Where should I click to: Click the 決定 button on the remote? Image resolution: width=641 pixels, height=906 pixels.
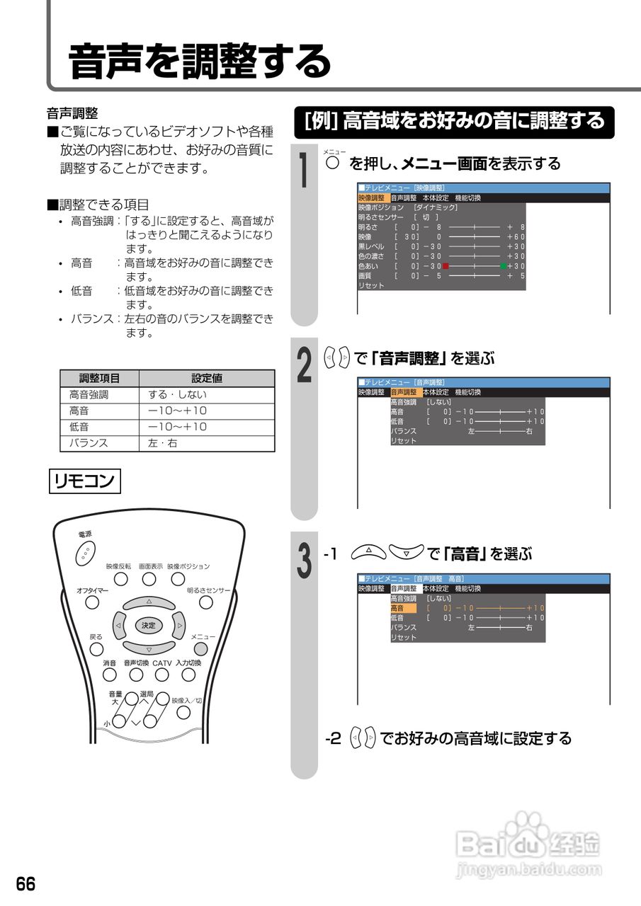[x=148, y=626]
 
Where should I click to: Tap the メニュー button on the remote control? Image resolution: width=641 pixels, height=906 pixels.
[x=201, y=649]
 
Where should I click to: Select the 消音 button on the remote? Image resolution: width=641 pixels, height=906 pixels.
[x=109, y=675]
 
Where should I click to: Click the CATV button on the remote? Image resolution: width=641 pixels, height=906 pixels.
[x=162, y=675]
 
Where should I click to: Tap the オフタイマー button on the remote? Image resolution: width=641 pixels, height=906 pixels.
[x=92, y=602]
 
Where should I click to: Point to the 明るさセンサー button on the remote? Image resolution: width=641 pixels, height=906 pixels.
[x=205, y=602]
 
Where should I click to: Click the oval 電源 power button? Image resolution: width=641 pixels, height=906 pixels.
[x=85, y=552]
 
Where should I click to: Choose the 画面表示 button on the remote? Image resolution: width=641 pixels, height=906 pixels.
[x=149, y=579]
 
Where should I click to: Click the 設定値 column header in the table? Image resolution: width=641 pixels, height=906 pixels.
[x=207, y=379]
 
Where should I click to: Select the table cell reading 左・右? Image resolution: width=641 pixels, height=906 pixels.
[x=207, y=443]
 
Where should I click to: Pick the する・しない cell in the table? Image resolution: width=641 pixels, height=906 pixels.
[x=207, y=395]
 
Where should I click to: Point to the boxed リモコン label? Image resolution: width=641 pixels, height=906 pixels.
[x=85, y=481]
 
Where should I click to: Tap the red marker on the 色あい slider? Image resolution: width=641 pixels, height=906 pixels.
[x=446, y=266]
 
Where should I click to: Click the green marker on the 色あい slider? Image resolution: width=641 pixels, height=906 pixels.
[x=503, y=266]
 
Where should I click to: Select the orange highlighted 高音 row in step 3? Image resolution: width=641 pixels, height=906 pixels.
[x=403, y=608]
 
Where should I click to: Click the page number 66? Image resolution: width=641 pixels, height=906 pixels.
[x=26, y=884]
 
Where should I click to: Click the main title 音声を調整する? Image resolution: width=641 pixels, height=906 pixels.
[x=200, y=62]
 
